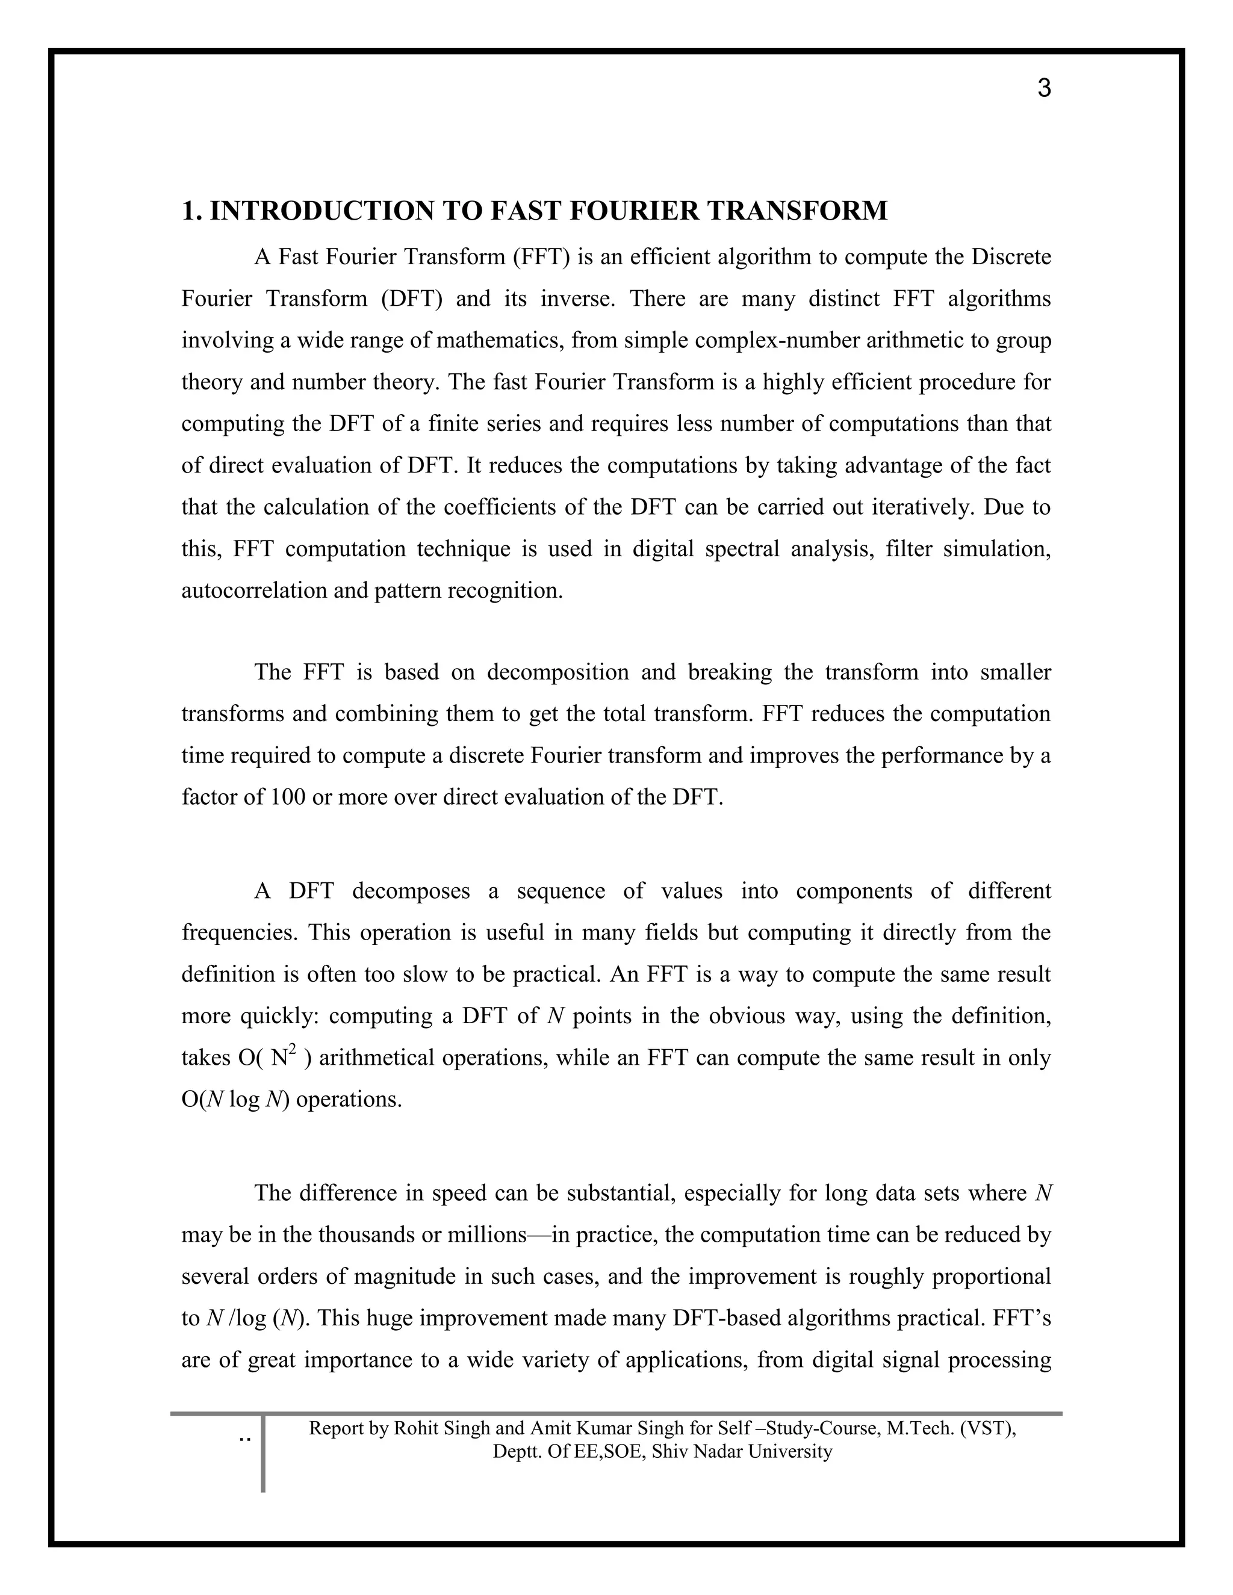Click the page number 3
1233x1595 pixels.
point(1044,88)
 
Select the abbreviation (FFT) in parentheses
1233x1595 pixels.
point(541,257)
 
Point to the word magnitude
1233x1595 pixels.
point(405,1277)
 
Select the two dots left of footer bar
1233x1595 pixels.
point(244,1439)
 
